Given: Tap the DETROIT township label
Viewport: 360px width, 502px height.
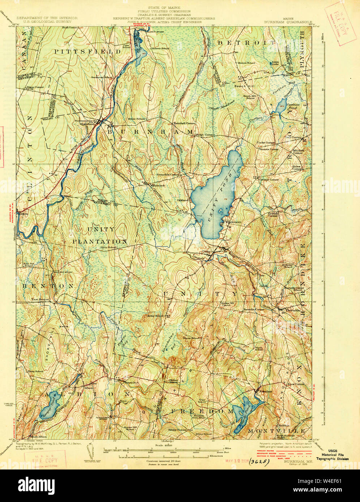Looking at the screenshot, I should pos(246,43).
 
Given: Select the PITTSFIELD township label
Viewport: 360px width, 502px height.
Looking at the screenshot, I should pos(88,52).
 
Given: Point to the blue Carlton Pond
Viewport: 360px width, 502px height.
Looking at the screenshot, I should pos(281,107).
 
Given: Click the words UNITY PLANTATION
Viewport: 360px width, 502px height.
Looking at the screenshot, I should pos(100,235).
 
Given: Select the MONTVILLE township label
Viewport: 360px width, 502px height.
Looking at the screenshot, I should pos(277,432).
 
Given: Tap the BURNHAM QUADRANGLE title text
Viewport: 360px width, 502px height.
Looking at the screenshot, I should pos(288,22).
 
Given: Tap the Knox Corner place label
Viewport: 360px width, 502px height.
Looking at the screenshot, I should pos(297,384).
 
